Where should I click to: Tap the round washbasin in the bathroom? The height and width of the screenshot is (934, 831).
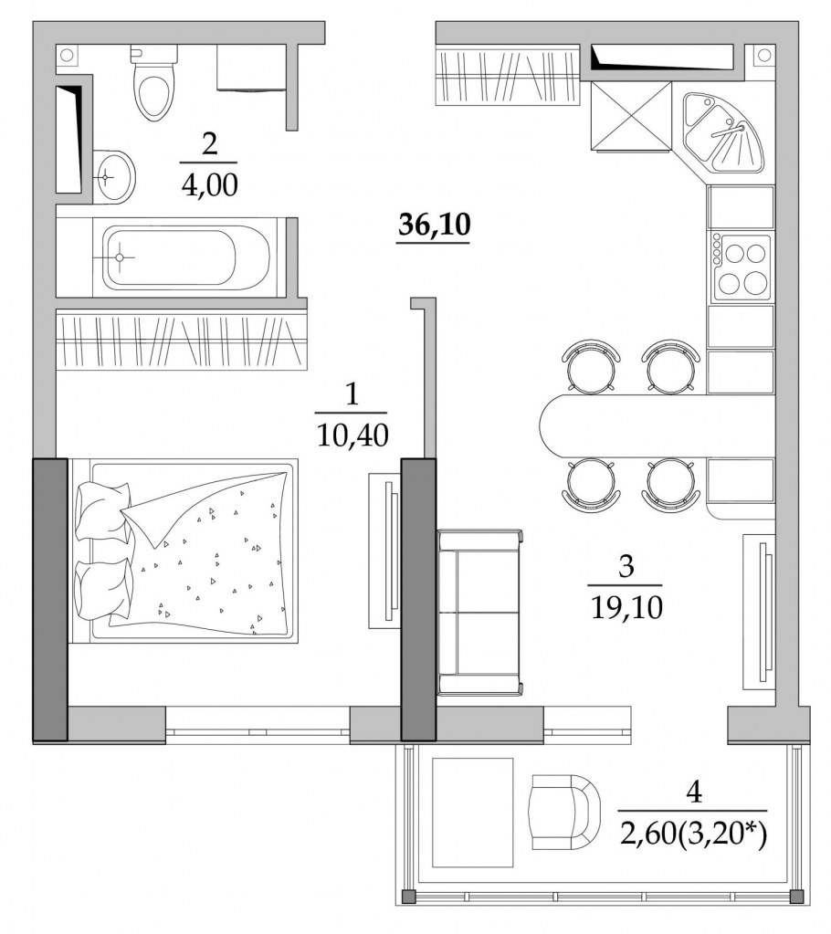114,175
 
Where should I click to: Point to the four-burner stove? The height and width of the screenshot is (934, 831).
741,267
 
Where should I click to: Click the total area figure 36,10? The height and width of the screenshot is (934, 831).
434,225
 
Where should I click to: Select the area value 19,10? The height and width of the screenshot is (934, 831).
626,604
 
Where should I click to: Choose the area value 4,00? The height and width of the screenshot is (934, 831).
209,185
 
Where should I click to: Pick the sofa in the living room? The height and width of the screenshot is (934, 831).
479,612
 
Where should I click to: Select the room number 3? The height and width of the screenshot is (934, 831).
626,567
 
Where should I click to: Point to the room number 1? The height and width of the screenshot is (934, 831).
352,394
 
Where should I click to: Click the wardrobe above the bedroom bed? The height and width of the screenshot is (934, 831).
180,340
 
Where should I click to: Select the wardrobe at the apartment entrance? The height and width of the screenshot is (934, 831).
508,76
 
